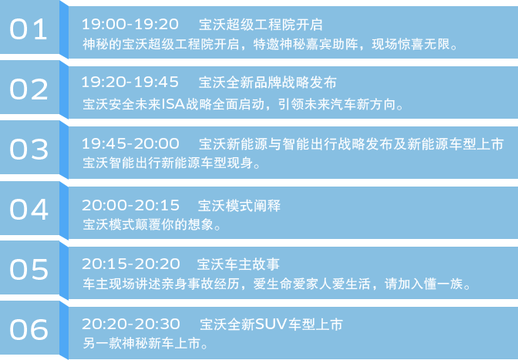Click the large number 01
29,29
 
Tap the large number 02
29,89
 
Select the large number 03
29,150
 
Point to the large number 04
29,210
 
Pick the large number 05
29,270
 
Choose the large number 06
29,330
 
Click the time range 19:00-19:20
130,24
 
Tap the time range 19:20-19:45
130,82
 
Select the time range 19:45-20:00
130,143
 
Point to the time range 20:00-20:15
130,205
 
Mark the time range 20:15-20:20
131,264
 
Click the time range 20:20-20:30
131,324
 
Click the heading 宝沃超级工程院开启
261,25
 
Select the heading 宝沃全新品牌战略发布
267,82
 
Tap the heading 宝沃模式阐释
239,205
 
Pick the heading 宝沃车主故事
238,264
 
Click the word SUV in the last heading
271,325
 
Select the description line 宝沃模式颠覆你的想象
152,224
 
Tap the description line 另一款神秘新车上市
146,344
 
